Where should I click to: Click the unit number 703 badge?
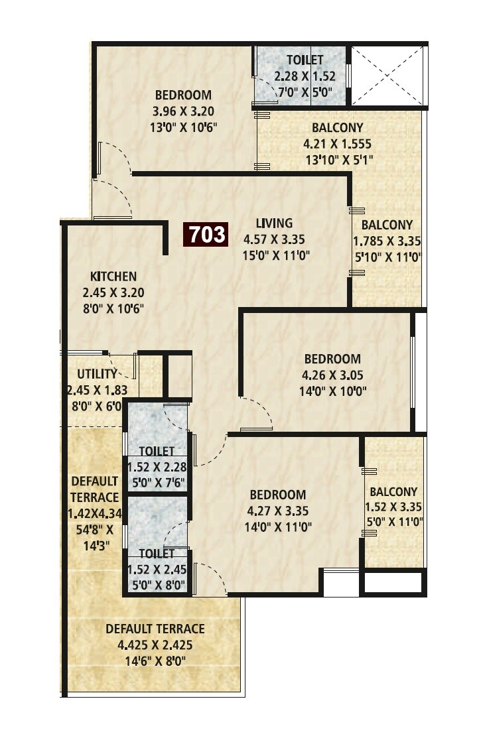(x=206, y=234)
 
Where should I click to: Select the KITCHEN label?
(x=113, y=277)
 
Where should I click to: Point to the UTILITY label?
(x=97, y=374)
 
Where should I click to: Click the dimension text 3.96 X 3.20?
(x=184, y=111)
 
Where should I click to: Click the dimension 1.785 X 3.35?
(x=387, y=241)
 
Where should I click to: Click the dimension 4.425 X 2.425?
(x=155, y=644)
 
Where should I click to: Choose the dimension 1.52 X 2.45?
(x=157, y=569)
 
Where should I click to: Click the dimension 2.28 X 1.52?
(x=301, y=75)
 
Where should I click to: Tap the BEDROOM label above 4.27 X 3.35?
(x=278, y=495)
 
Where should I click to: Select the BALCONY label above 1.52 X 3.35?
(x=393, y=492)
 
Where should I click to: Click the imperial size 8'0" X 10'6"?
(x=113, y=308)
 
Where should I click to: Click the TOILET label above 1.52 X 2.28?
(x=157, y=452)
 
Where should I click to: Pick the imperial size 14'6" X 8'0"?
(x=155, y=660)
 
